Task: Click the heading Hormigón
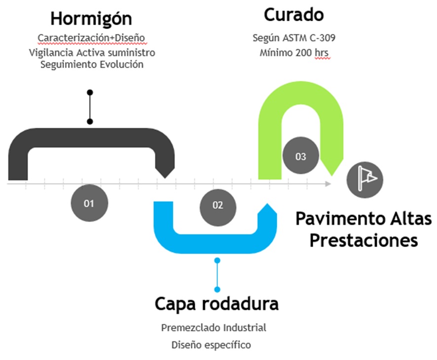point(91,19)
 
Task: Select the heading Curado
point(294,15)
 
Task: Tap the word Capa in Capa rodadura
point(178,303)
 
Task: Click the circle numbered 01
point(89,203)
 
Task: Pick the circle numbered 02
point(218,206)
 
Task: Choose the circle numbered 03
point(300,157)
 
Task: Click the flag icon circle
point(364,178)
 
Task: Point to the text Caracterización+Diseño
point(92,38)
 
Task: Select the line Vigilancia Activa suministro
point(92,52)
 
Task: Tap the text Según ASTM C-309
point(294,38)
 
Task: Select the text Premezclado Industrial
point(214,327)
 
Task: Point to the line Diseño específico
point(211,345)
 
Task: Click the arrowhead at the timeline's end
point(328,183)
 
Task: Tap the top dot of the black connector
point(90,92)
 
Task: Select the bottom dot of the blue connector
point(217,289)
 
